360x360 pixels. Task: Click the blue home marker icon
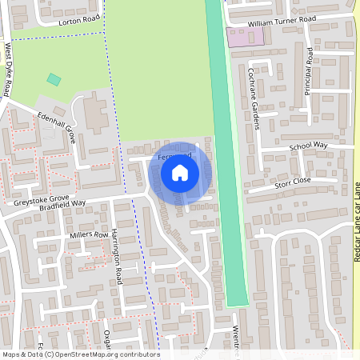(180, 172)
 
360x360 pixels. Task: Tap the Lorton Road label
(81, 20)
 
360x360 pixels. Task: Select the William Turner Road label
(282, 19)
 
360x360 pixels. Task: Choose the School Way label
(309, 146)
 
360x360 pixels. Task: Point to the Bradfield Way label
(66, 204)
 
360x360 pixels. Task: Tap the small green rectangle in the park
(54, 79)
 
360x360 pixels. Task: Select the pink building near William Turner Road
(238, 37)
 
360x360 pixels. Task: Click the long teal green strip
(226, 160)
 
